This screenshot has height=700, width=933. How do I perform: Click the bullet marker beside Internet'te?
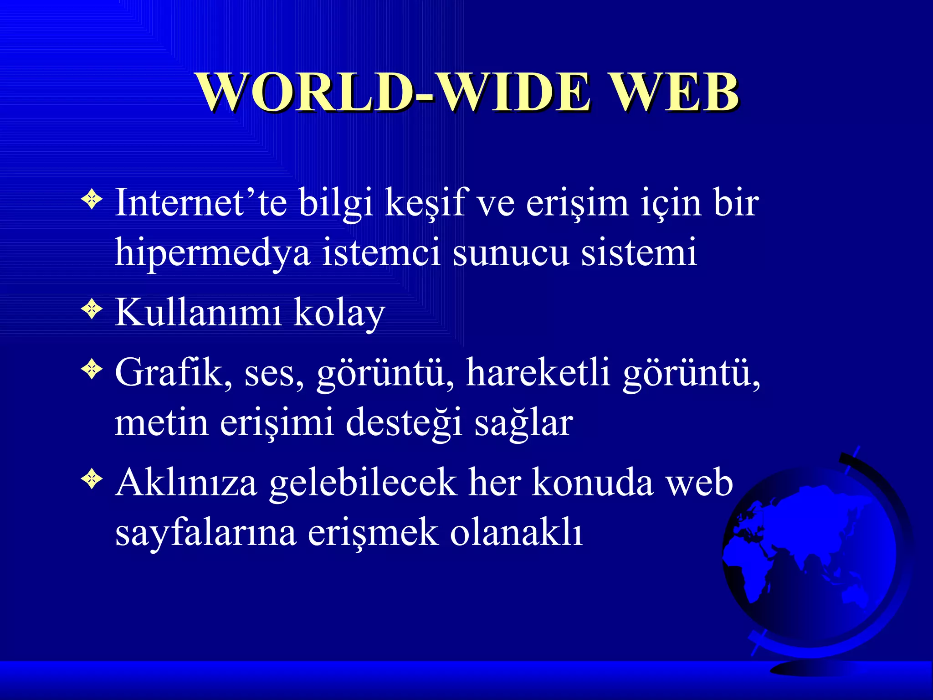[x=92, y=199]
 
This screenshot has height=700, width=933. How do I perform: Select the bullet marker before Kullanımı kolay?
[x=92, y=310]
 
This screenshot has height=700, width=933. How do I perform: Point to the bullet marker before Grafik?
[x=92, y=369]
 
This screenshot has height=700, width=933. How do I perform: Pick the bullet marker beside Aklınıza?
[x=92, y=479]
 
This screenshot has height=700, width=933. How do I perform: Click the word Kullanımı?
[x=198, y=313]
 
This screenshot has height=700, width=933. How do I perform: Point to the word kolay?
[x=339, y=314]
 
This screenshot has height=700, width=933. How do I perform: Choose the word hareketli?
[x=538, y=373]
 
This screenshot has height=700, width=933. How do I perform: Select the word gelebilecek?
[x=363, y=484]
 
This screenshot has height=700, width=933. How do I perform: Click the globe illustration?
[x=811, y=556]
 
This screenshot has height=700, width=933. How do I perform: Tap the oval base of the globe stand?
[x=815, y=668]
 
